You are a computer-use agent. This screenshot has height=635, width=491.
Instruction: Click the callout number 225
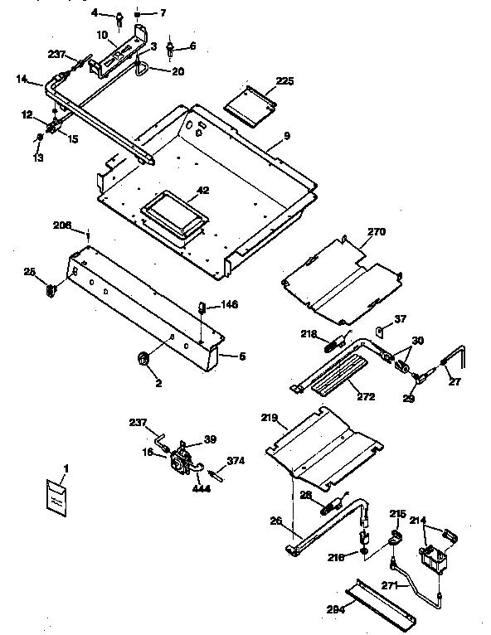pos(285,80)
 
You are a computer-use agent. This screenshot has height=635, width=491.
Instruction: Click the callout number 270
pos(377,233)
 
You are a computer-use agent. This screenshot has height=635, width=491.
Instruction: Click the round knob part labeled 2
pos(142,358)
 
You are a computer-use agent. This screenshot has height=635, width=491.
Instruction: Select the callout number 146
pos(229,304)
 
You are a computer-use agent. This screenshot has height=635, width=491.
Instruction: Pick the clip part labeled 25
pos(52,289)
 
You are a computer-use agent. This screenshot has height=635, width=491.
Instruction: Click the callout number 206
pos(62,225)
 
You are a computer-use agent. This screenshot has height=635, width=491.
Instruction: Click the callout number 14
pos(22,80)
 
